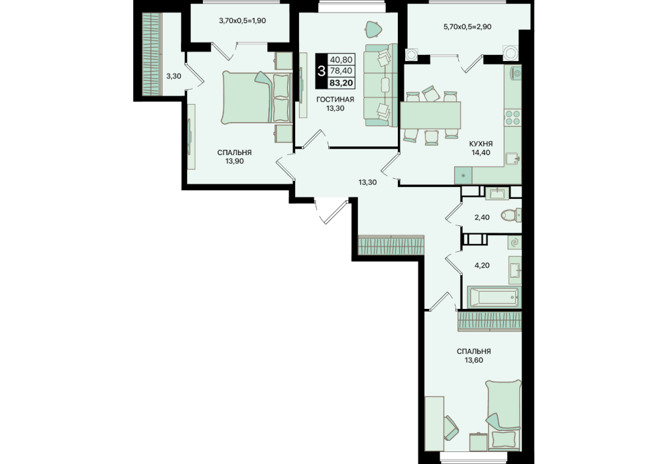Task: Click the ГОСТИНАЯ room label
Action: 335,99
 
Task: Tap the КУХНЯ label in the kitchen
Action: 480,144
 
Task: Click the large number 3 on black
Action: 321,71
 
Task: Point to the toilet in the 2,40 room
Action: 511,215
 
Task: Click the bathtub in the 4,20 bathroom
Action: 494,297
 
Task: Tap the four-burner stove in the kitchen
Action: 513,117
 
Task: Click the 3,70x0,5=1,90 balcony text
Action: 243,21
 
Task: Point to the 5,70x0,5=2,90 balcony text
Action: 467,27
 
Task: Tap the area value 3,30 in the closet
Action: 174,76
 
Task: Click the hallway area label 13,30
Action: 367,182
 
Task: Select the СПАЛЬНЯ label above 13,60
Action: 474,351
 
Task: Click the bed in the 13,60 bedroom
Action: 504,415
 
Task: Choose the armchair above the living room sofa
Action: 373,29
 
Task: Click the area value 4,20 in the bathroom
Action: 482,265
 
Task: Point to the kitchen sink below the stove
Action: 513,158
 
